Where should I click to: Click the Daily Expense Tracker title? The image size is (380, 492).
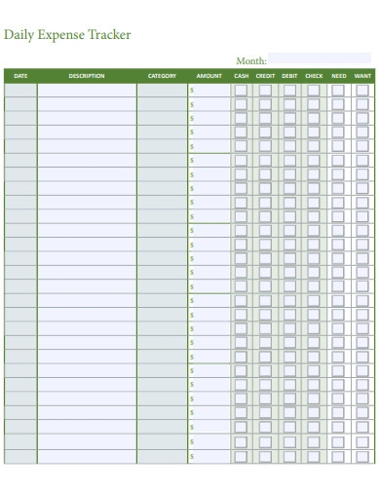[x=67, y=34]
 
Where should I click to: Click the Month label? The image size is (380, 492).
[x=251, y=60]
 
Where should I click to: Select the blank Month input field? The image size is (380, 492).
[x=319, y=59]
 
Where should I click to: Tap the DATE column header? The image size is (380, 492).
[x=21, y=75]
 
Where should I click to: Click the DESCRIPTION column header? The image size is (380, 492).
[x=87, y=75]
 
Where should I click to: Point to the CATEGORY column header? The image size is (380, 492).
[x=162, y=75]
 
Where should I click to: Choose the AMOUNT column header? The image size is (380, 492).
[x=209, y=75]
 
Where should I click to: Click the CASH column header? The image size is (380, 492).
[x=241, y=75]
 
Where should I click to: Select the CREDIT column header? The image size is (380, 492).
[x=265, y=75]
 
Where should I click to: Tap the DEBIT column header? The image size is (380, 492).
[x=289, y=75]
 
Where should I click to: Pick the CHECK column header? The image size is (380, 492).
[x=314, y=75]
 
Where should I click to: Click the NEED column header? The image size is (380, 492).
[x=338, y=75]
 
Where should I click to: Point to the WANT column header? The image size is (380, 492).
[x=362, y=75]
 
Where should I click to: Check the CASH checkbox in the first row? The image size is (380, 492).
[x=241, y=90]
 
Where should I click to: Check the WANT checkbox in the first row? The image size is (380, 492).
[x=362, y=90]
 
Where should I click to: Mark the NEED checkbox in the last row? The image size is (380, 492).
[x=338, y=455]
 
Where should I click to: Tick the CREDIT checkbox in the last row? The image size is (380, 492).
[x=265, y=455]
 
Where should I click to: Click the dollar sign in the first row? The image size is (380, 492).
[x=193, y=91]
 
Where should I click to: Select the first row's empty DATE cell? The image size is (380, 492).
[x=21, y=90]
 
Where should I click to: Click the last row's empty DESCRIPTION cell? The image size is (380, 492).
[x=87, y=455]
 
